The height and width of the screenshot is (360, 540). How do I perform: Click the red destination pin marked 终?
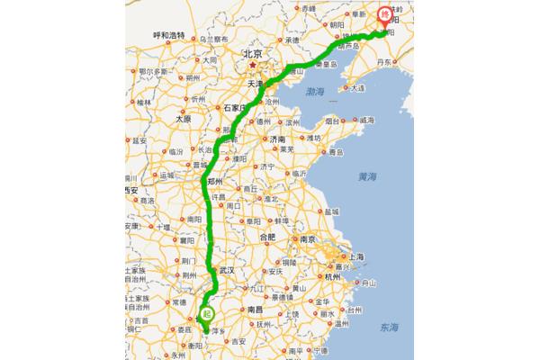pyautogui.click(x=384, y=15)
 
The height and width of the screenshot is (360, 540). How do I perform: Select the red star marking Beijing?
pyautogui.click(x=255, y=66)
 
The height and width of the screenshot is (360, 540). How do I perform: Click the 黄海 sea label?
pyautogui.click(x=365, y=175)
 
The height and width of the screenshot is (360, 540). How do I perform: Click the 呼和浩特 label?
pyautogui.click(x=168, y=35)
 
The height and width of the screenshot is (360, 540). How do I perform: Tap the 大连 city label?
pyautogui.click(x=358, y=89)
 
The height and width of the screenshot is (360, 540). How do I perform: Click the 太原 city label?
pyautogui.click(x=184, y=118)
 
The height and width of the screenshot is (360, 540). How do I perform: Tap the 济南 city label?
pyautogui.click(x=277, y=140)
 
